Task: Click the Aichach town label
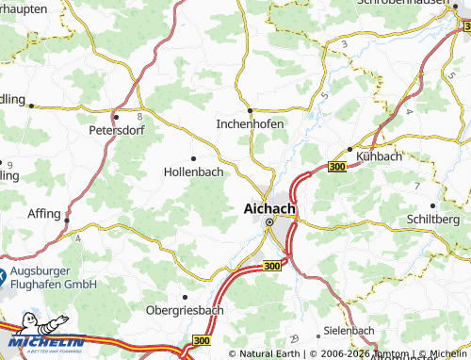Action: point(269,208)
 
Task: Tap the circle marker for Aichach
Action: point(268,223)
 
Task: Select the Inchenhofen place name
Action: point(250,123)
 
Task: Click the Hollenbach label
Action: point(193,172)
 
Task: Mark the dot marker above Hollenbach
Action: point(193,158)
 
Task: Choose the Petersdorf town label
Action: point(116,130)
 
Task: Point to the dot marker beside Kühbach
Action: point(349,149)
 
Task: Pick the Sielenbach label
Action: point(349,332)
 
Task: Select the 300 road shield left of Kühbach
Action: point(337,167)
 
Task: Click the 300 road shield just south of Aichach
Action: point(271,268)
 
